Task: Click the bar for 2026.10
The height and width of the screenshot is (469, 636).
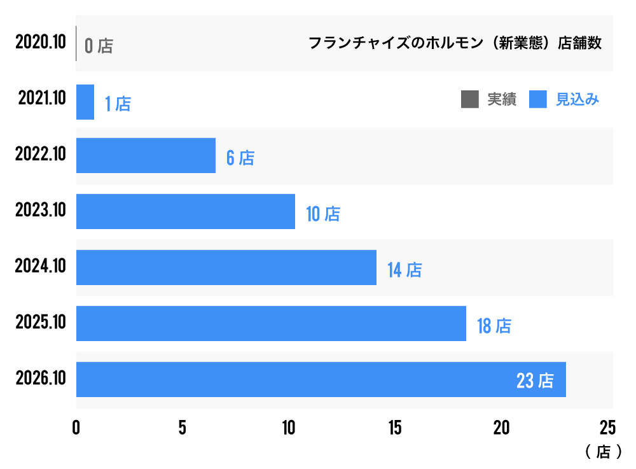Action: pos(321,379)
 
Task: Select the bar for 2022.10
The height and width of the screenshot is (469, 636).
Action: pos(146,155)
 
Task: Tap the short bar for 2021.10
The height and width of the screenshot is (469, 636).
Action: pos(85,102)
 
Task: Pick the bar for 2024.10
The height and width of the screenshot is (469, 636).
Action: pos(226,267)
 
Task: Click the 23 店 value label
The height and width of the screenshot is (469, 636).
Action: pos(535,381)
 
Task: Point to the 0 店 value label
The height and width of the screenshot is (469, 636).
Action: pos(99,46)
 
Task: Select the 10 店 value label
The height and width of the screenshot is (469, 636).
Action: pos(323,214)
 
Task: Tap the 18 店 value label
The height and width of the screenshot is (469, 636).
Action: pos(494,326)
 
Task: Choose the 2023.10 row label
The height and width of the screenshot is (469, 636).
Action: pos(41,211)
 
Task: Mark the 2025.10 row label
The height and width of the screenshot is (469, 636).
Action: pos(41,323)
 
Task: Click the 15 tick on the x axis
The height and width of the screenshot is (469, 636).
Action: pos(395,428)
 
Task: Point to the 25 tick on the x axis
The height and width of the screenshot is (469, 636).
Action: pos(607,428)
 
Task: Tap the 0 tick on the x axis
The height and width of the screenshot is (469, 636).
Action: pos(76,428)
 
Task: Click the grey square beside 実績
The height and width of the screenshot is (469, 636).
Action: pos(470,99)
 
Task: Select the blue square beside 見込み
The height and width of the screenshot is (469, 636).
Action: pos(538,99)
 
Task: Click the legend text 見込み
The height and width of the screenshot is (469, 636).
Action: pos(577,99)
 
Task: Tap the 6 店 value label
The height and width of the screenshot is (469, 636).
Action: pos(240,158)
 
